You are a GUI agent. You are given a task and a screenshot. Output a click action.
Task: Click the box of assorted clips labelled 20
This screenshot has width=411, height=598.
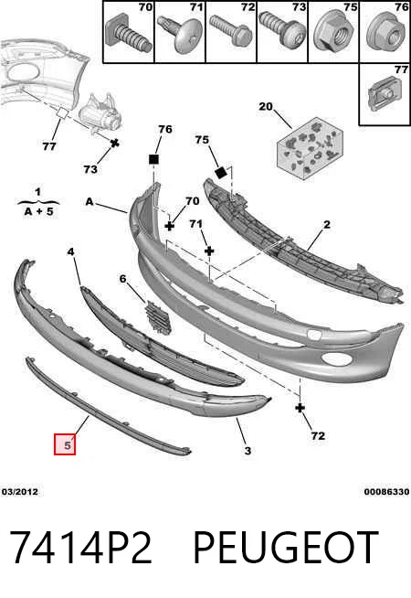click(310, 147)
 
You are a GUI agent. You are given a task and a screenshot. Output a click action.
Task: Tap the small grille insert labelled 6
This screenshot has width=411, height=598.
click(157, 317)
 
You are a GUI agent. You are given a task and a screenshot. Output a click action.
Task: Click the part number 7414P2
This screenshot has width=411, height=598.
click(80, 548)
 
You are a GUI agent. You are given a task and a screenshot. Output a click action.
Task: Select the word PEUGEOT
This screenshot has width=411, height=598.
click(286, 548)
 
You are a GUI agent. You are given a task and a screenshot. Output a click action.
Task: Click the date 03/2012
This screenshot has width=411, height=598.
click(20, 492)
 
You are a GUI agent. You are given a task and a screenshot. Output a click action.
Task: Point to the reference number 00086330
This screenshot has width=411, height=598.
click(386, 492)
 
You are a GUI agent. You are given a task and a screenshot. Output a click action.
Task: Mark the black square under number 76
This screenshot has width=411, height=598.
click(153, 159)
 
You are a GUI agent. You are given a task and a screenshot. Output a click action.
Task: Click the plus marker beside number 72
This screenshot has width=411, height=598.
click(300, 408)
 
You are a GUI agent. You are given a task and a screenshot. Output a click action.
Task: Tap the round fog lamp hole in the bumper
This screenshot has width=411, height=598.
click(333, 358)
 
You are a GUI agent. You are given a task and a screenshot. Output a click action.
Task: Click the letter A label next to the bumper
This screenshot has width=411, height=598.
click(90, 201)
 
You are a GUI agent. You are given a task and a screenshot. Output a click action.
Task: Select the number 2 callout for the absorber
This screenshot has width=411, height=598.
click(327, 225)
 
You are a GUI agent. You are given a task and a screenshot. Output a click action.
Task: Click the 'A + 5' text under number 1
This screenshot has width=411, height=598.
click(38, 211)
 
